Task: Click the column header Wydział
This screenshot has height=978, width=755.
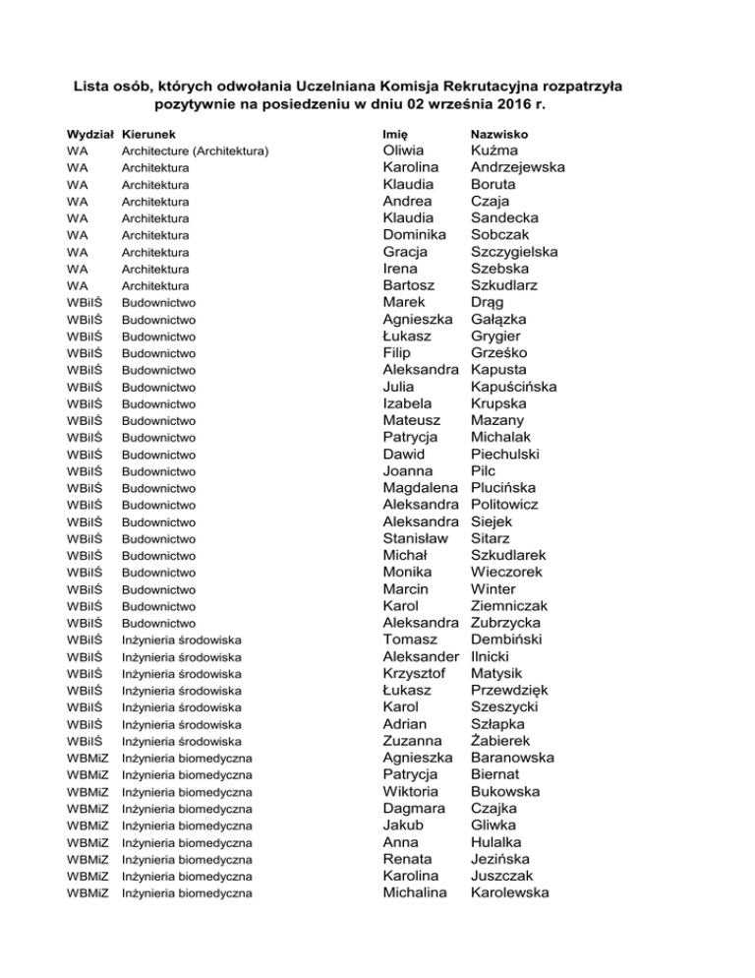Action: (x=89, y=133)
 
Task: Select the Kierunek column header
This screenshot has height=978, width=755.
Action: (x=150, y=133)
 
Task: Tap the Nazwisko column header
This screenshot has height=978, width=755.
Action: (x=500, y=133)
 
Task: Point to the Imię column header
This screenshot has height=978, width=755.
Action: (x=395, y=133)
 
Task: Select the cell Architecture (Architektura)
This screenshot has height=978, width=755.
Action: (x=195, y=151)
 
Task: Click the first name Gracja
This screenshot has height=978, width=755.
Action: (x=407, y=252)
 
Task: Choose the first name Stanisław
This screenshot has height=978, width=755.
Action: (x=417, y=538)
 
